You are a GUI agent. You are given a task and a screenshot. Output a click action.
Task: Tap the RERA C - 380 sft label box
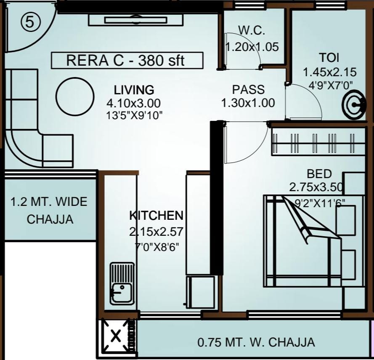click(127, 60)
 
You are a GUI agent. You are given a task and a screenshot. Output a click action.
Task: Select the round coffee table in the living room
click(75, 96)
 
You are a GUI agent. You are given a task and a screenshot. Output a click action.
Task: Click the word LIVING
click(134, 90)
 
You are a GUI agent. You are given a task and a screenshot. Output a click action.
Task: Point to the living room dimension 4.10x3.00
click(134, 103)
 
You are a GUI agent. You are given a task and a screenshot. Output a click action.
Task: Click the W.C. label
click(252, 31)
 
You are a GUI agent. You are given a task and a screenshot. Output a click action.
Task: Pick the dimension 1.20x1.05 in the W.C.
click(252, 47)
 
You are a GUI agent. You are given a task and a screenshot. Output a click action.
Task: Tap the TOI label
click(329, 58)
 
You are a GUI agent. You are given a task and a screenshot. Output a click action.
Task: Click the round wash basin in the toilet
click(354, 104)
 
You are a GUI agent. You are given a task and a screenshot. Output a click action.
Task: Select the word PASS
click(248, 90)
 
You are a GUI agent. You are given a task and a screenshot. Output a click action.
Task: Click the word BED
click(319, 174)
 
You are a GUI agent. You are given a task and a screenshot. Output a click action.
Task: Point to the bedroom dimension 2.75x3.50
click(316, 187)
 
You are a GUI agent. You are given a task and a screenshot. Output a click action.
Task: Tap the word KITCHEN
click(156, 215)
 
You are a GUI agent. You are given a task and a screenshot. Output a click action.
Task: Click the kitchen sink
click(122, 284)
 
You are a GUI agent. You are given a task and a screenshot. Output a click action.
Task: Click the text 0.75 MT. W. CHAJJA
click(256, 342)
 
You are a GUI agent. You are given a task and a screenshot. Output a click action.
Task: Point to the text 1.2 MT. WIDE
click(49, 202)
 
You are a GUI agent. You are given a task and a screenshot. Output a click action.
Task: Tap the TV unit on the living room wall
click(135, 20)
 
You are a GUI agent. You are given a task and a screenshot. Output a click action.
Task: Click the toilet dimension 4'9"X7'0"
click(330, 85)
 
